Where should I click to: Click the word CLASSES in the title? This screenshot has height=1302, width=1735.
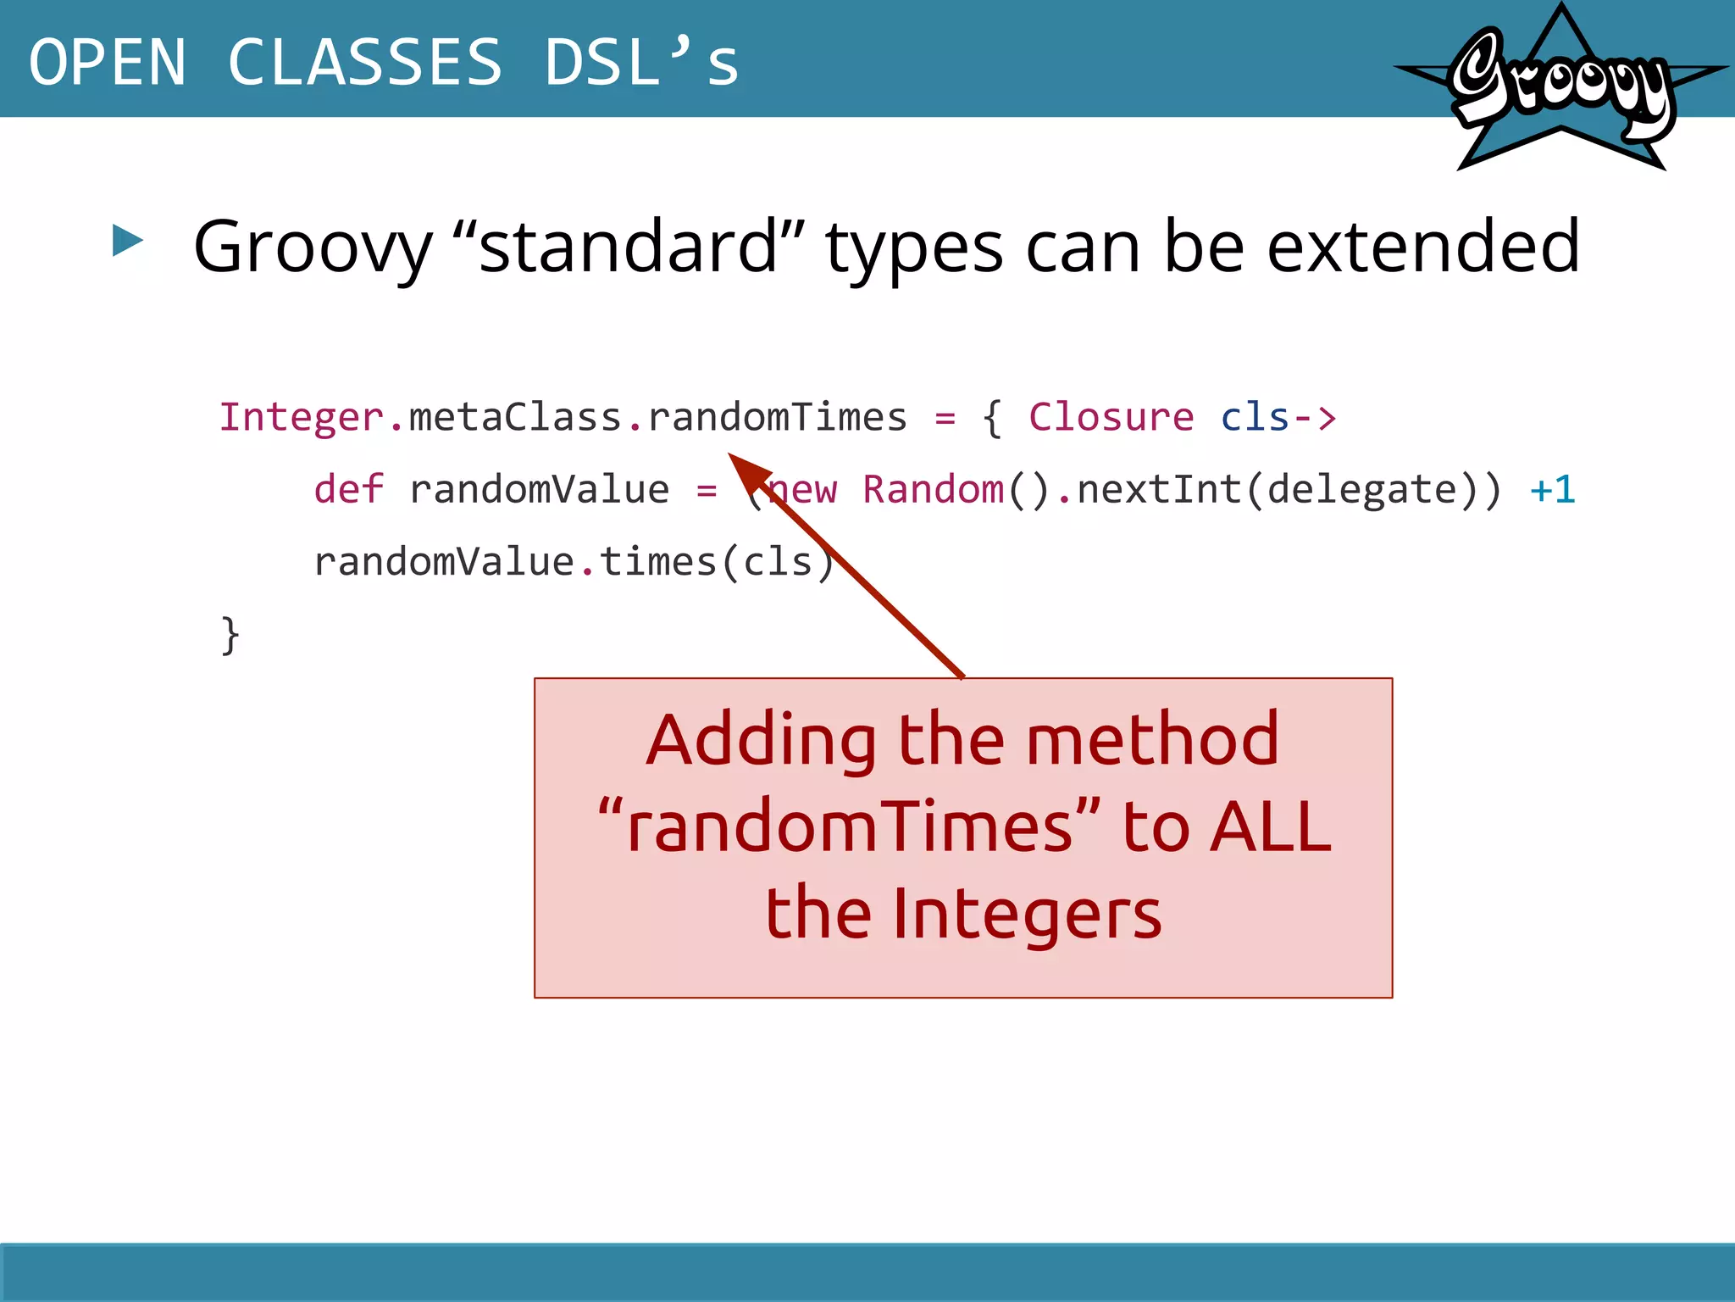365,63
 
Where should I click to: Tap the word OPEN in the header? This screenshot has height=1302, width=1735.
107,63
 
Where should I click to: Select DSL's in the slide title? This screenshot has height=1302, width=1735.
641,63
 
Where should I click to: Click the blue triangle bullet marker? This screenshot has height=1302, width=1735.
127,241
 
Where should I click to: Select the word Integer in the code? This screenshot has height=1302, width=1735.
302,417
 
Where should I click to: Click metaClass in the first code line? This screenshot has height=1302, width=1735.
515,417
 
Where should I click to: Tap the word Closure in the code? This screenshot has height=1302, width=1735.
1111,417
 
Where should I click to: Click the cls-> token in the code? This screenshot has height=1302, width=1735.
1278,417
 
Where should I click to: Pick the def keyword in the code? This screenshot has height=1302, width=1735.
348,490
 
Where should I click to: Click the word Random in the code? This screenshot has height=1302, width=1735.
933,490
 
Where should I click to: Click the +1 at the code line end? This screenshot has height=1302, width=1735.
1552,490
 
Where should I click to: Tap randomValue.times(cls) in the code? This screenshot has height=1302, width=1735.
574,562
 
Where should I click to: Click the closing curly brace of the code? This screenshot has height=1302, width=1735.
230,635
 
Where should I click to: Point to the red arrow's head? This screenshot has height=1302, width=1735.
746,470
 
